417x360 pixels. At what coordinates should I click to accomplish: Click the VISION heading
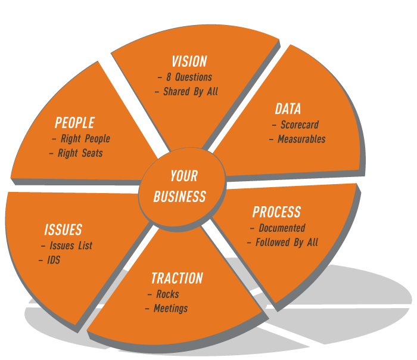pos(189,61)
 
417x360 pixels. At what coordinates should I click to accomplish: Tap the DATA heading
pos(288,109)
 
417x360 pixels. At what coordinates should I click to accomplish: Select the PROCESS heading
pos(276,212)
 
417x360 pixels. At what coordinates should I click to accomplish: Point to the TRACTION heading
pos(177,278)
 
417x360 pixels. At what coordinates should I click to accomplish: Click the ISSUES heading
pos(63,230)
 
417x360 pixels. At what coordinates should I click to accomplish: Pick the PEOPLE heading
pos(74,123)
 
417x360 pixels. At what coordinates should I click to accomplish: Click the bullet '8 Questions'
pos(188,77)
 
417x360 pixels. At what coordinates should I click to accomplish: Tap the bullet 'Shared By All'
pos(190,92)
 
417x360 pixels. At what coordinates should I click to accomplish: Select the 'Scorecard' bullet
pos(299,125)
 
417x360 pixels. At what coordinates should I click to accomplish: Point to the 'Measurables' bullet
pos(301,139)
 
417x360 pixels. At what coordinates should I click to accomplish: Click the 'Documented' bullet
pos(282,228)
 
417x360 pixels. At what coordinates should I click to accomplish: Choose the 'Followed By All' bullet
pos(287,242)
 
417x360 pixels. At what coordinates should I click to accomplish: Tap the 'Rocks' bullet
pos(167,294)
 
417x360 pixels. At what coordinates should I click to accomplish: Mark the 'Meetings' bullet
pos(170,308)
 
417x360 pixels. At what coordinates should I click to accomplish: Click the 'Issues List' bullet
pos(71,246)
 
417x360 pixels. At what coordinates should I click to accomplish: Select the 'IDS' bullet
pos(54,260)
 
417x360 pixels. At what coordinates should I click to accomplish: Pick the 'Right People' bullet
pos(85,138)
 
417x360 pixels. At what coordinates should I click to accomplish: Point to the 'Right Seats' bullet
pos(80,153)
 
